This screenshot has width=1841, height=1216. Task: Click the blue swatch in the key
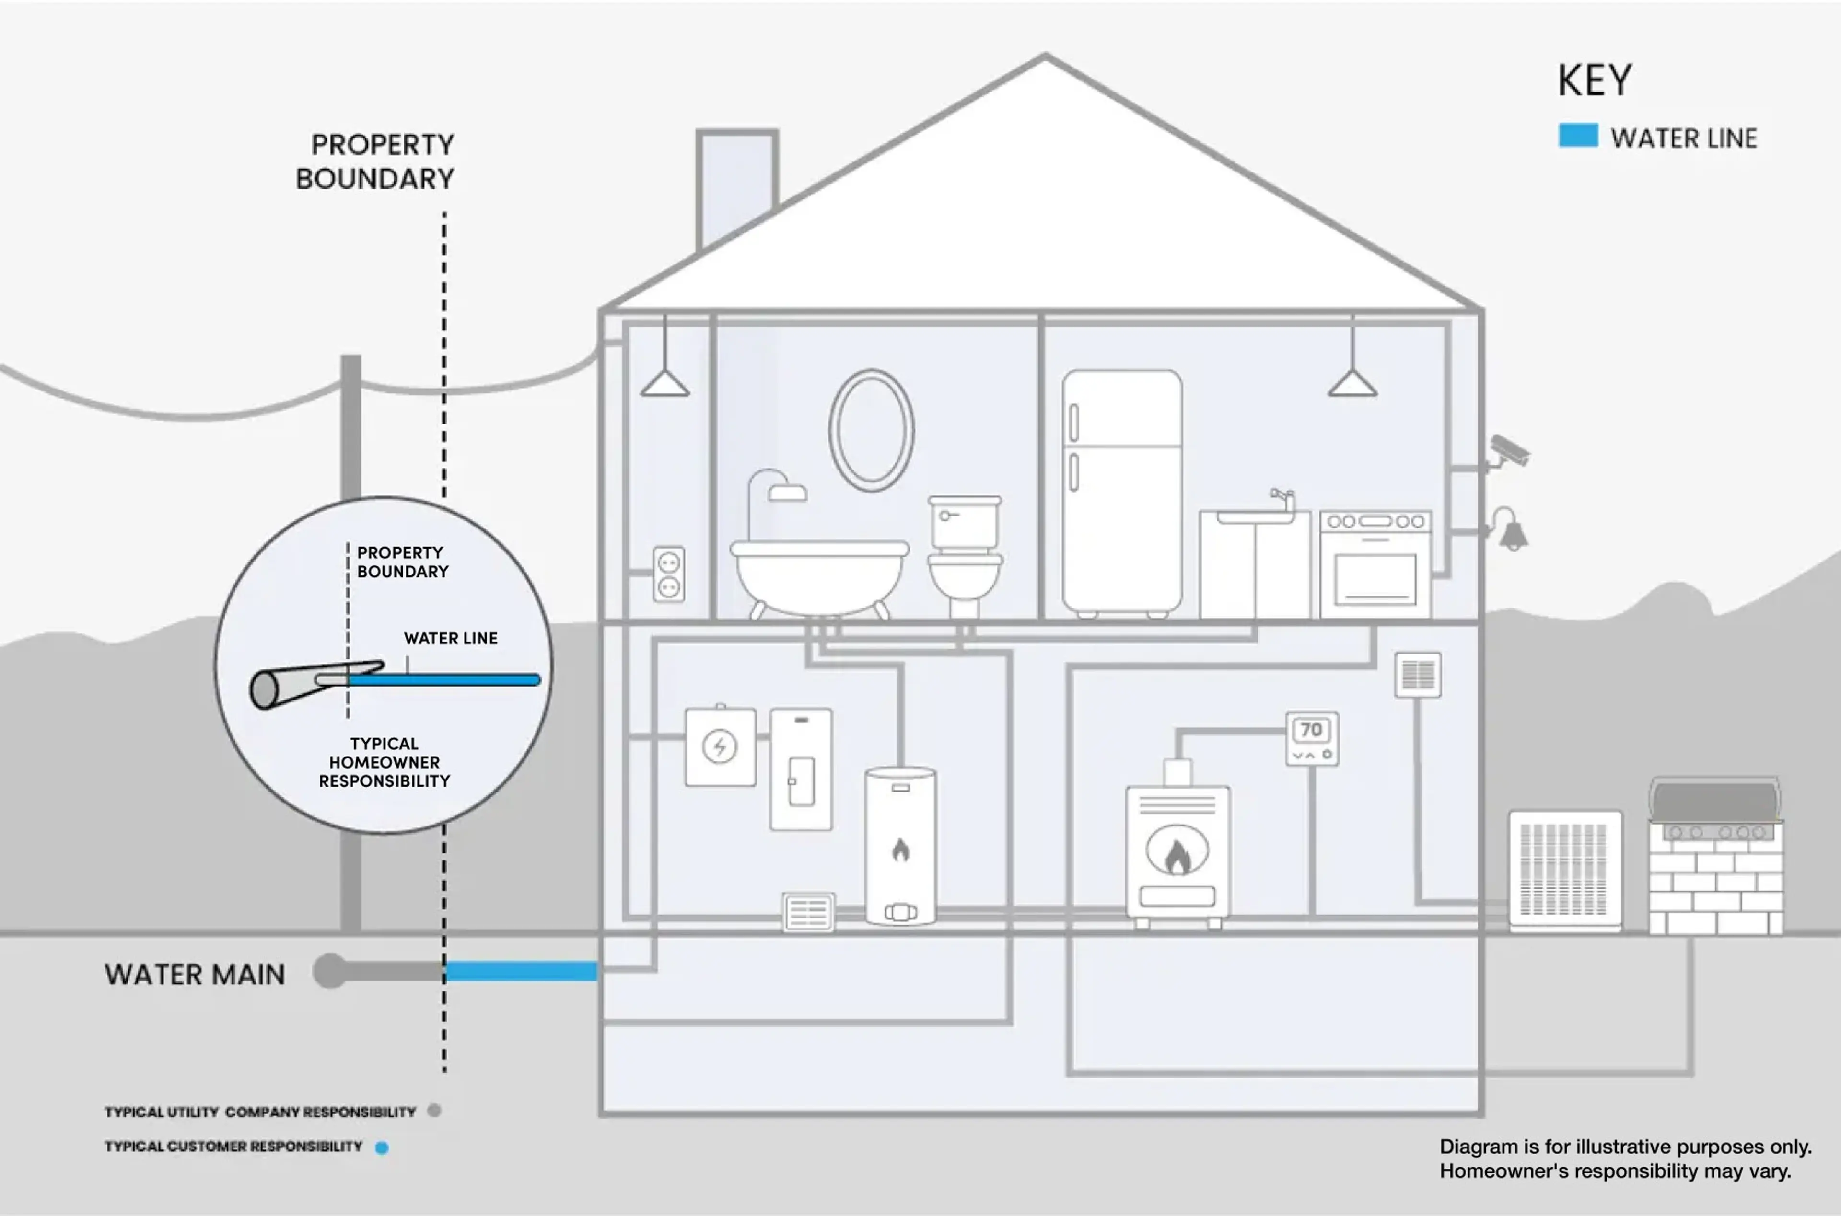pos(1578,136)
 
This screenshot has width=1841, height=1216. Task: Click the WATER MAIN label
pos(195,974)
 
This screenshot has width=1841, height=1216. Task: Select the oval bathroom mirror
pos(871,430)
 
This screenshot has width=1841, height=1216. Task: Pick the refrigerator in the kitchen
pos(1122,494)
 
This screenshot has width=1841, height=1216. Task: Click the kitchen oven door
pos(1375,578)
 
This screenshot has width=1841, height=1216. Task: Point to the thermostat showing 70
pos(1312,738)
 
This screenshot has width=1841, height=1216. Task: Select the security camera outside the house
pos(1508,451)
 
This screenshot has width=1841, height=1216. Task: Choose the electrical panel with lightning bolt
pos(720,746)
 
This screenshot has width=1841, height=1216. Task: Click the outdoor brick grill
pos(1715,856)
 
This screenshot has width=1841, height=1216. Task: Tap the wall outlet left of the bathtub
pos(669,574)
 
